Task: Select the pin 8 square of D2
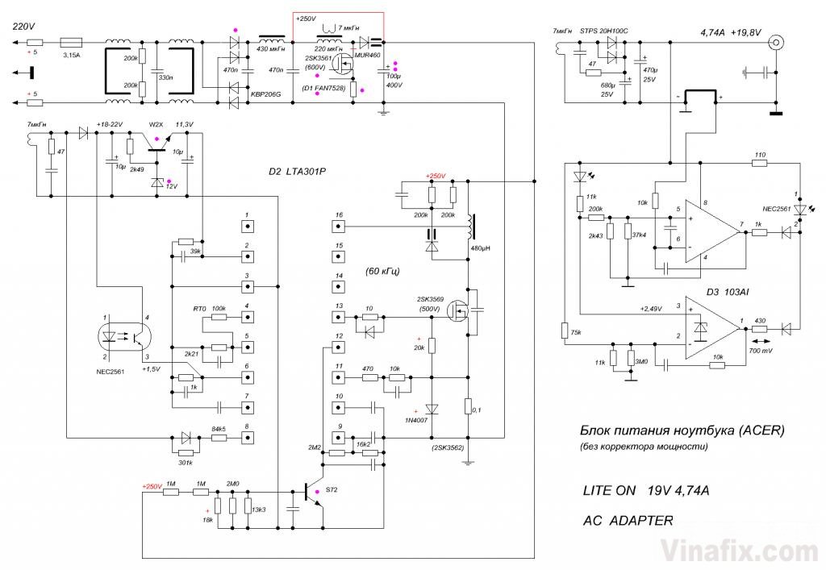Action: click(248, 438)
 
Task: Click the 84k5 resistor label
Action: click(219, 430)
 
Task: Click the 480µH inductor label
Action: click(481, 260)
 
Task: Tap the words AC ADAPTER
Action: click(628, 521)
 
